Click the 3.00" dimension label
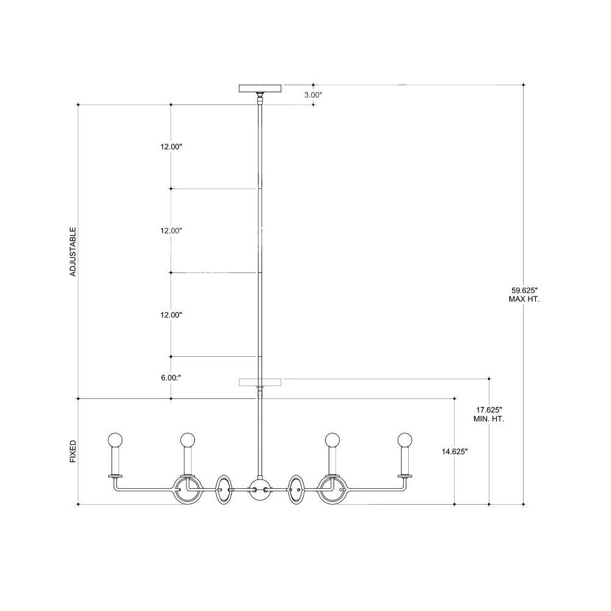point(313,95)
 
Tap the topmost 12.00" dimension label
point(171,147)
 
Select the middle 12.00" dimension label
point(171,231)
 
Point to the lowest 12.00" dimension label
point(171,315)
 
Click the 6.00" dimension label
point(171,378)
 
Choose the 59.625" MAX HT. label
point(524,295)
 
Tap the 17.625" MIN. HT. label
point(489,414)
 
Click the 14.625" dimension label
point(455,452)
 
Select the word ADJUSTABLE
point(73,252)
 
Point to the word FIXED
point(73,452)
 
